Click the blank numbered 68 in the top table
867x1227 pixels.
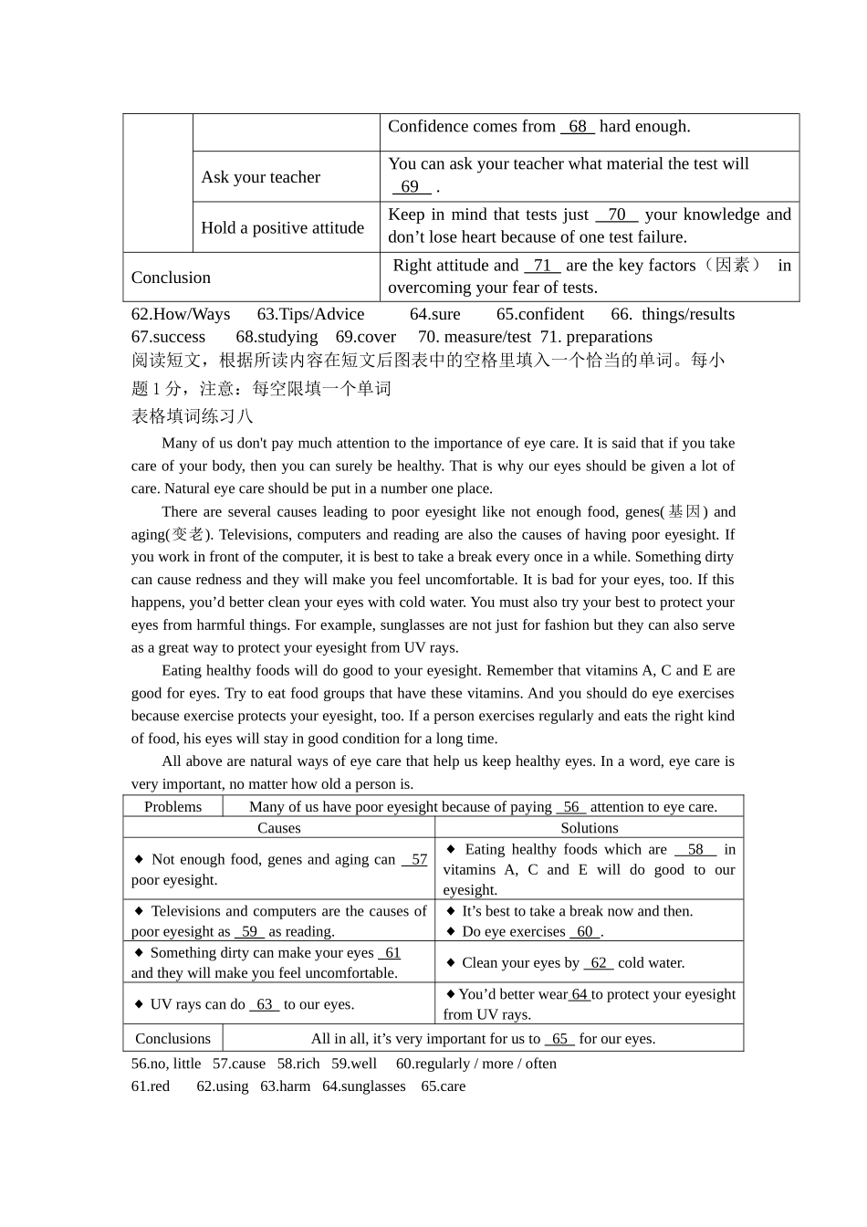[578, 127]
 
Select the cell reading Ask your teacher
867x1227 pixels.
[261, 177]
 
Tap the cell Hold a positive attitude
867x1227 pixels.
[283, 227]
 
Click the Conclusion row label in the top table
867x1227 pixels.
[171, 278]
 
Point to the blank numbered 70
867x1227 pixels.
[617, 215]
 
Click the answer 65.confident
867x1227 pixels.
[540, 314]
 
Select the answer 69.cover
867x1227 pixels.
[366, 337]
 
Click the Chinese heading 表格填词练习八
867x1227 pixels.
[193, 416]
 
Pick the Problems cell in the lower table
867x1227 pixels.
[172, 806]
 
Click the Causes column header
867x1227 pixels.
[279, 828]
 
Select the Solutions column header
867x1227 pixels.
[590, 828]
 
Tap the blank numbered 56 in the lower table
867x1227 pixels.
[571, 807]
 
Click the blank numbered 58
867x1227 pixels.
[695, 849]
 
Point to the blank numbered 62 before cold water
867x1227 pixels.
[599, 962]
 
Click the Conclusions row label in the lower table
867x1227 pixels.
[172, 1038]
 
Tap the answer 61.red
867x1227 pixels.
[151, 1086]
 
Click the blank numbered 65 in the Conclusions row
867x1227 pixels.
[559, 1039]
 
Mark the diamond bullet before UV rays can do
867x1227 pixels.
[140, 1003]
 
